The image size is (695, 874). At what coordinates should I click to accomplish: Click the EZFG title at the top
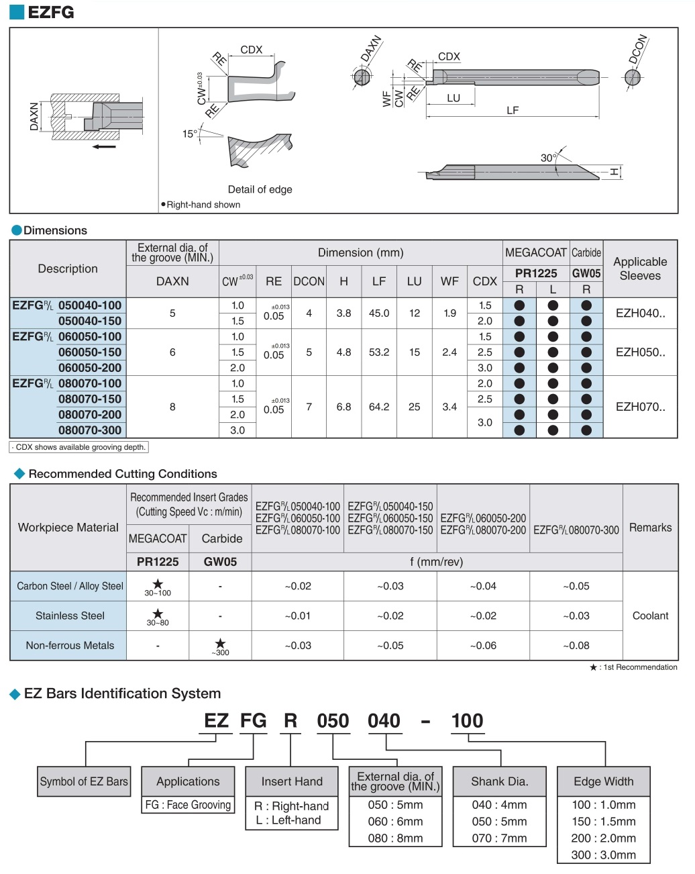[x=50, y=12]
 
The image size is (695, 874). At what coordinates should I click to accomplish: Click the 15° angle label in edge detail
[x=190, y=134]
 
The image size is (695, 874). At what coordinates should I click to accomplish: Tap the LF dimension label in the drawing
[x=513, y=110]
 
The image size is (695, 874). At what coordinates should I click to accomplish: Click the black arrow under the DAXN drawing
[x=104, y=146]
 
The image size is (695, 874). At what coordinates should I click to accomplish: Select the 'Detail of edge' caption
[x=260, y=189]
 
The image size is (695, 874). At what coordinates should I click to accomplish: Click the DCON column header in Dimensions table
[x=309, y=281]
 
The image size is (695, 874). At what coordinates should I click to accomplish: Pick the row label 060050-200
[x=90, y=368]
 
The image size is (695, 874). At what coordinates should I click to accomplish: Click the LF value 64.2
[x=379, y=407]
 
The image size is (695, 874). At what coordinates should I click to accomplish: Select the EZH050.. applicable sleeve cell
[x=640, y=352]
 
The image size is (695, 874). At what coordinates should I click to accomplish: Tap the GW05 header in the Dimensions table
[x=586, y=273]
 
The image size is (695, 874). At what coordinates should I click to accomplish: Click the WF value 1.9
[x=449, y=313]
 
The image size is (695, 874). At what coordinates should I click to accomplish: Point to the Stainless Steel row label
[x=70, y=616]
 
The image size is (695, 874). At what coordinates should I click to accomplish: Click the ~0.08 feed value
[x=576, y=645]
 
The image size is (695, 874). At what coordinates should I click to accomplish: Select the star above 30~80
[x=158, y=613]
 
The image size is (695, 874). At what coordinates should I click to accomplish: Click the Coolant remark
[x=650, y=616]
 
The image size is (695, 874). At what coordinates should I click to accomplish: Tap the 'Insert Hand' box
[x=292, y=781]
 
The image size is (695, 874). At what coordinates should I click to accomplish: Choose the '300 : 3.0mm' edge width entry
[x=603, y=855]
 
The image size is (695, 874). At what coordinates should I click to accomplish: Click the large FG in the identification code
[x=253, y=721]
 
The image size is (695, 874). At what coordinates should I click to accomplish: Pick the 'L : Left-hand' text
[x=288, y=820]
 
